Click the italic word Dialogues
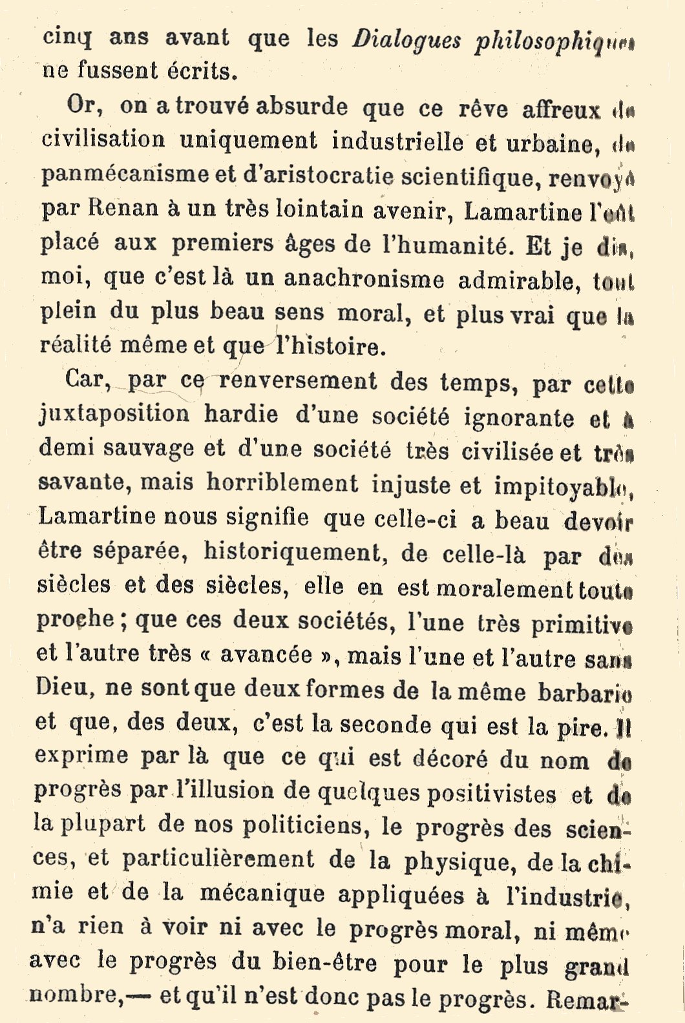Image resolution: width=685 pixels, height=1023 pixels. [x=406, y=41]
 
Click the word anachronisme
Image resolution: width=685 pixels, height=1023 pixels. [x=364, y=279]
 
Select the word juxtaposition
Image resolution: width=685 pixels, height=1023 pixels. [x=114, y=414]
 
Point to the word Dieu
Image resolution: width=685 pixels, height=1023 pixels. [x=61, y=687]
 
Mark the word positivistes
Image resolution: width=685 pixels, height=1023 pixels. [x=491, y=793]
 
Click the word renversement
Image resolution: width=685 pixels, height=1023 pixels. [x=297, y=381]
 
